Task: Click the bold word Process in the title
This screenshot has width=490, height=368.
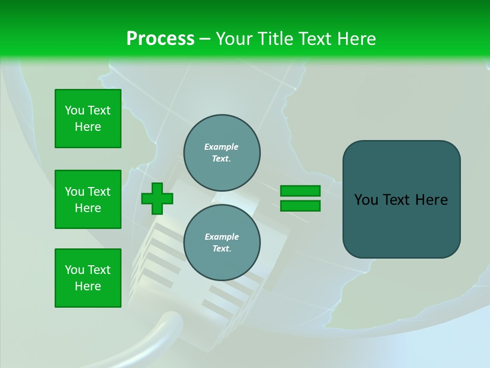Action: [x=160, y=39]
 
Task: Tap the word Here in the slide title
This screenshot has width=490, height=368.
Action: [x=353, y=39]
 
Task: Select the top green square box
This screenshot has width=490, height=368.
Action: [x=88, y=119]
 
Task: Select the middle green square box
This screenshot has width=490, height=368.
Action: [x=88, y=199]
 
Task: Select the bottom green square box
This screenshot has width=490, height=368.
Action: [x=88, y=278]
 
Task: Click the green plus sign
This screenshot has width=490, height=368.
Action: [x=157, y=199]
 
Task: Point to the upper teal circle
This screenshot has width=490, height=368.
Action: [x=222, y=153]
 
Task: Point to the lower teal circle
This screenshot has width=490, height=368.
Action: [x=222, y=243]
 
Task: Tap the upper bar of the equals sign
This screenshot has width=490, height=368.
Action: [x=300, y=191]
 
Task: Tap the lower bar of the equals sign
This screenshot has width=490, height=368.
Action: [x=300, y=206]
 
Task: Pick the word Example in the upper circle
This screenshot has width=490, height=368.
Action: [x=221, y=147]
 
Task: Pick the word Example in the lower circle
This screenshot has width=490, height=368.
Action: [x=222, y=237]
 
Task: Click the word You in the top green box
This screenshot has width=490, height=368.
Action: [x=74, y=111]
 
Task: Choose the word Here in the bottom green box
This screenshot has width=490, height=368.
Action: [x=88, y=286]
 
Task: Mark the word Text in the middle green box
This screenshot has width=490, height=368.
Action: [x=99, y=192]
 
